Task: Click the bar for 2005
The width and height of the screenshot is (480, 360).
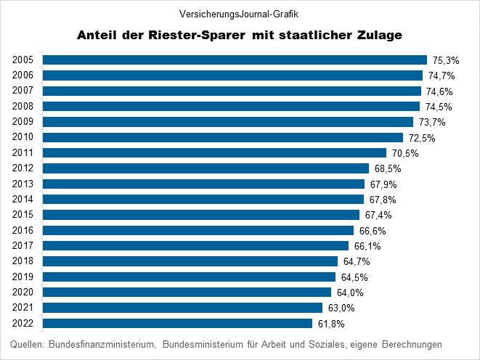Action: (x=235, y=60)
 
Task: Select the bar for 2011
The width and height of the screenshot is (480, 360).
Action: (x=214, y=152)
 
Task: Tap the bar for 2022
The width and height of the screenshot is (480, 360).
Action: (x=177, y=323)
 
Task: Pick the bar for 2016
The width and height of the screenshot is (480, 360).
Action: (x=198, y=230)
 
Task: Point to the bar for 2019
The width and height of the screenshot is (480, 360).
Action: (x=189, y=277)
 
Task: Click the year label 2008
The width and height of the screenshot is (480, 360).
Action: (x=23, y=106)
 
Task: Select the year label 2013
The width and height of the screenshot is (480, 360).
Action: (x=23, y=184)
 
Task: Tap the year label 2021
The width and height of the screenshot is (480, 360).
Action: (x=23, y=308)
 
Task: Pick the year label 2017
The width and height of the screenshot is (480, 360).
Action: (x=23, y=246)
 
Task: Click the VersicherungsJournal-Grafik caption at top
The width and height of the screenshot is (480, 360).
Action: (x=239, y=13)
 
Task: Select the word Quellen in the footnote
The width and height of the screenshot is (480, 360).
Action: (x=28, y=343)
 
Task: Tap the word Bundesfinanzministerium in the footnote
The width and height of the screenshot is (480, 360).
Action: (x=102, y=343)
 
